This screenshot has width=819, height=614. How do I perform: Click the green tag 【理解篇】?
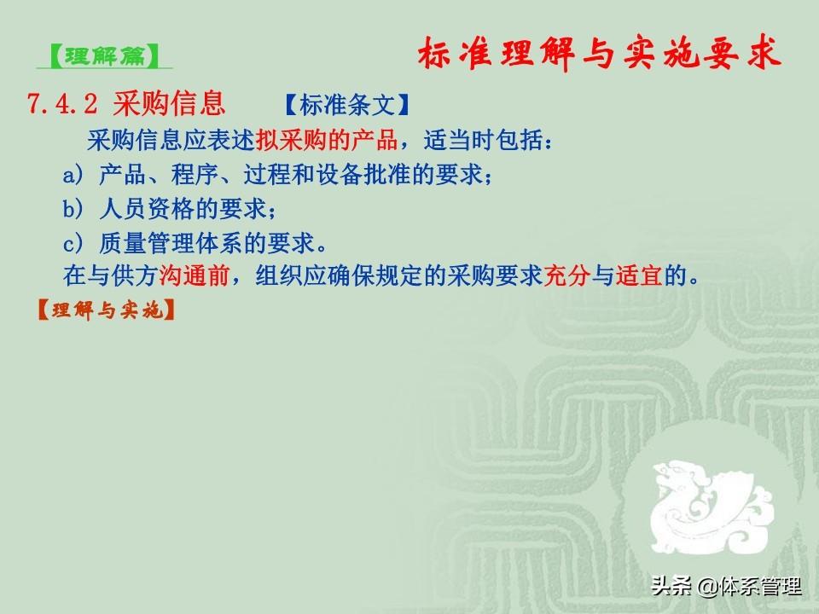pos(104,56)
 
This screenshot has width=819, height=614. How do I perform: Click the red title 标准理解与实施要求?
pos(599,53)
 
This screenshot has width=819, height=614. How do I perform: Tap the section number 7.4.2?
pos(62,103)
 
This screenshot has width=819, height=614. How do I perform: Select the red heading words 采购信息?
pos(169,103)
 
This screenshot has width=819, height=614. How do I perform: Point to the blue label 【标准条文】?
pos(347,105)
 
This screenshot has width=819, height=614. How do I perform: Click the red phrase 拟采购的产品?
pos(327,139)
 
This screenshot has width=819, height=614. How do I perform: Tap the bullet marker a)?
pos(73,174)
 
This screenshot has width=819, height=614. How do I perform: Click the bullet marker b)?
pos(73,209)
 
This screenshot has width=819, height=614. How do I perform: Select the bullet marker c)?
pos(73,243)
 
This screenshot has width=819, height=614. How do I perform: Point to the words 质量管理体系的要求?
pos(206,243)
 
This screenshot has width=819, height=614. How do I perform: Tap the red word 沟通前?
pos(194,275)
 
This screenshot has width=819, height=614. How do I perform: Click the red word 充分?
pos(566,275)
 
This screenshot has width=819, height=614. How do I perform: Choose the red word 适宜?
pos(638,275)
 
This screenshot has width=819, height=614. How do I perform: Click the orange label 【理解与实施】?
pos(106,310)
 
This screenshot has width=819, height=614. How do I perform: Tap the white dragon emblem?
pos(711,507)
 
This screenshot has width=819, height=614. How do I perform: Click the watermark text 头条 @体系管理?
pos(726,587)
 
